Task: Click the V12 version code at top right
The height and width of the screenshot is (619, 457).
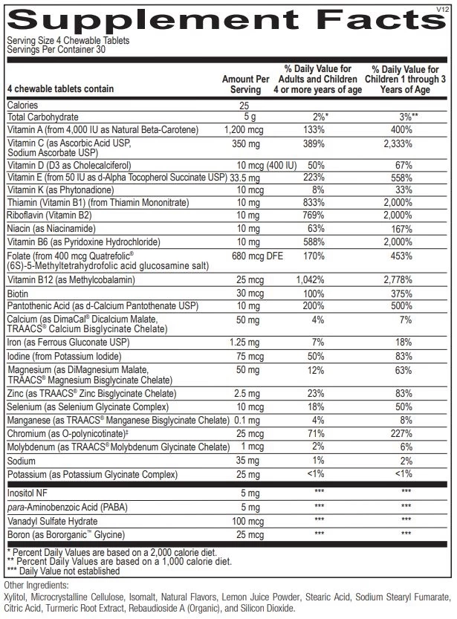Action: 444,8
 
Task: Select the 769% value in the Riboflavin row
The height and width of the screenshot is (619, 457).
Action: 321,215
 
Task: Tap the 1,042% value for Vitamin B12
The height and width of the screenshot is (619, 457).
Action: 321,280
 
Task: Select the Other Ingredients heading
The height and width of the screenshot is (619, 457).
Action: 37,585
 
